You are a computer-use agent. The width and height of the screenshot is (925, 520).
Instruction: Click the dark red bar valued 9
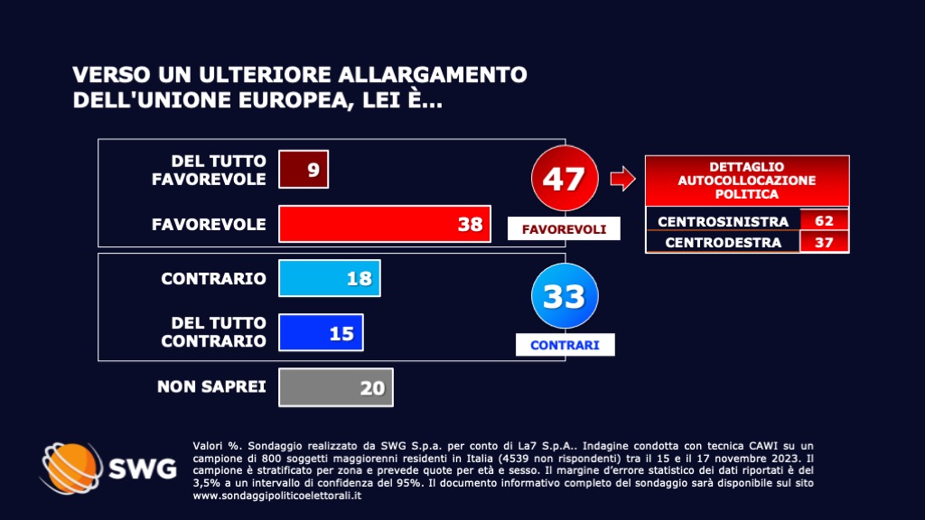click(x=304, y=169)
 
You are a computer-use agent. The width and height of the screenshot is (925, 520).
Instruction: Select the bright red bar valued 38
click(x=385, y=224)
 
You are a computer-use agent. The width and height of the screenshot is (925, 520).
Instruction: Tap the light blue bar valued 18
click(x=330, y=278)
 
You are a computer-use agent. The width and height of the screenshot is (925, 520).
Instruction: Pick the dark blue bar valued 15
click(x=321, y=332)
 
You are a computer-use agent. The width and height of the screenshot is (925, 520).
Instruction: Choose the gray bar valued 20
click(x=336, y=387)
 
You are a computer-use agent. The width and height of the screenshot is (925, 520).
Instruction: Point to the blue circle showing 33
click(x=565, y=296)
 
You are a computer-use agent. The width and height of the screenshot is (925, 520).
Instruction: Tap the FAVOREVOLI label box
click(x=565, y=228)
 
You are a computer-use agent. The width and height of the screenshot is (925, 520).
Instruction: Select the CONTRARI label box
click(x=565, y=345)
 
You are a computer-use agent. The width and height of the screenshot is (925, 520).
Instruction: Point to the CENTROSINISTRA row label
click(x=723, y=221)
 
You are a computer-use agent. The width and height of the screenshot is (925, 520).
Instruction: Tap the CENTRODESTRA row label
click(x=723, y=242)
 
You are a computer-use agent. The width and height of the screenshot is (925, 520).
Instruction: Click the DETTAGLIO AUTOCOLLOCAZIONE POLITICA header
click(x=747, y=181)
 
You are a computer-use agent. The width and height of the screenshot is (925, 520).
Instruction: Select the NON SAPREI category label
click(x=211, y=387)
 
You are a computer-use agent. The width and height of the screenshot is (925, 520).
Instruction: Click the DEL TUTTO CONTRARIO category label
click(x=213, y=331)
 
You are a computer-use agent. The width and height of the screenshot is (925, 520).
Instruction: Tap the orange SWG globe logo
click(x=71, y=469)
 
